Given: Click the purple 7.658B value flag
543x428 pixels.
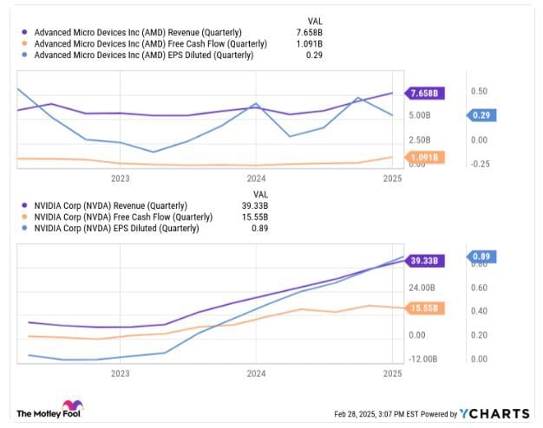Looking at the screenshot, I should pos(427,93).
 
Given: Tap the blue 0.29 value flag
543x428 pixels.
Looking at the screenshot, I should pos(481,115).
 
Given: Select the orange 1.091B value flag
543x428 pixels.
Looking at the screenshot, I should pos(427,158).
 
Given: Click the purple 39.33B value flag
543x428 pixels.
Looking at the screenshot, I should pos(427,260).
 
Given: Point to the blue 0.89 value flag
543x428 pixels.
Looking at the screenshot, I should pos(481,256).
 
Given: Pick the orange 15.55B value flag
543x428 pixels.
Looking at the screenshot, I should pos(427,308).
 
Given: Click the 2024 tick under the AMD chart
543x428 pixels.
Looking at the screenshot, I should pos(256,178).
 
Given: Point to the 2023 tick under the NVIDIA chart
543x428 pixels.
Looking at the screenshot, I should pos(120,374).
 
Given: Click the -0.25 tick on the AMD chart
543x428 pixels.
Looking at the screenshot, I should pos(480,163).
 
